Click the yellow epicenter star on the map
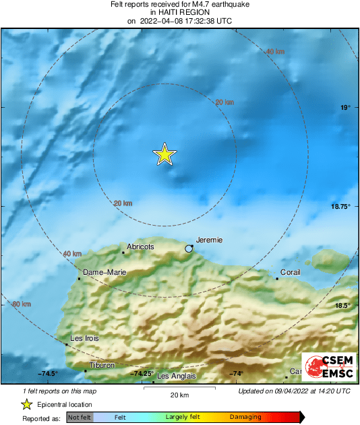(x=164, y=155)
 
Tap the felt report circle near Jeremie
(x=189, y=249)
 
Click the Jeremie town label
(x=209, y=240)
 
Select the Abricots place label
(x=140, y=247)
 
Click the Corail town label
(x=291, y=273)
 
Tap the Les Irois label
(x=85, y=339)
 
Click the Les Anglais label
(x=176, y=376)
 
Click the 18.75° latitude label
(x=340, y=207)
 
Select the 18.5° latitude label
(x=343, y=306)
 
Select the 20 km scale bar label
(x=179, y=395)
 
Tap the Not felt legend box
(x=80, y=418)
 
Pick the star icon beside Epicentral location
(x=26, y=405)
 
